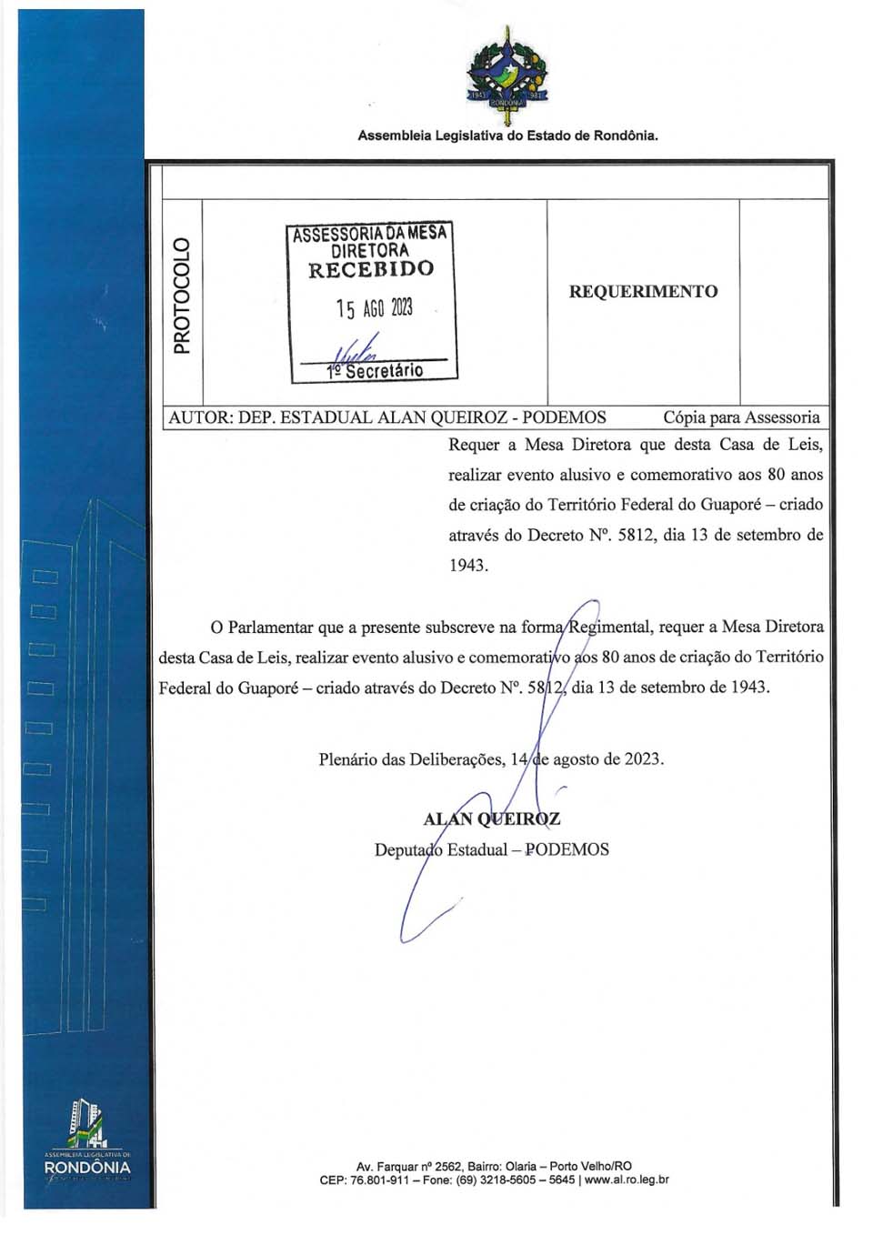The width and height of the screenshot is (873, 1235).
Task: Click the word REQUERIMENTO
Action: click(x=643, y=292)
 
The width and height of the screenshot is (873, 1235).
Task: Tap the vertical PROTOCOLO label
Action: click(x=182, y=295)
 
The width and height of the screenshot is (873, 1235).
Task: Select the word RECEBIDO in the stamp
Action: click(x=371, y=269)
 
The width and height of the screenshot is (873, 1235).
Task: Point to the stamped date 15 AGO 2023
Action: click(x=374, y=308)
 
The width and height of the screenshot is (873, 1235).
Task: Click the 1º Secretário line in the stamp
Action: click(x=375, y=371)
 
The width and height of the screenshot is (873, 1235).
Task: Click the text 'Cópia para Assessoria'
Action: click(x=741, y=417)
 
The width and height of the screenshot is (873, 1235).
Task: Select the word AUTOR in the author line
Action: click(x=198, y=417)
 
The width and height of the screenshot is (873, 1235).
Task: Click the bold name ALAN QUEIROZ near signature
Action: click(x=491, y=818)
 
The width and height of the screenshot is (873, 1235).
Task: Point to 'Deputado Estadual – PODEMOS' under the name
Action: click(x=492, y=849)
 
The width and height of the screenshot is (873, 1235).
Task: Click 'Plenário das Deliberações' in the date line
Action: click(x=411, y=758)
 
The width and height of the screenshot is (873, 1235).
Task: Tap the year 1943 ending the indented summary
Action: click(x=468, y=565)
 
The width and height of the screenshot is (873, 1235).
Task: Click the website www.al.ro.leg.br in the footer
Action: click(x=627, y=1180)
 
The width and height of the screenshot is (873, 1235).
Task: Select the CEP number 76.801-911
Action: click(x=379, y=1180)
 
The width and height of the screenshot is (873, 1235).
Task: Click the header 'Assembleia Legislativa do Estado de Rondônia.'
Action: click(x=507, y=136)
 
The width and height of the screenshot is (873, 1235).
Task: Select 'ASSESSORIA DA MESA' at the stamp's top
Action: click(x=370, y=234)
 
